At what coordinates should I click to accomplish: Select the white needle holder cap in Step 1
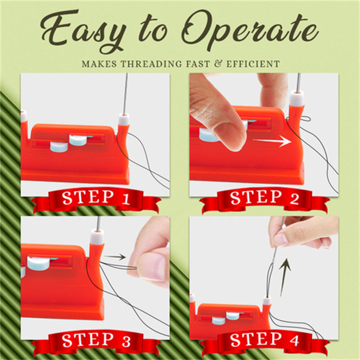(x=124, y=119)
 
